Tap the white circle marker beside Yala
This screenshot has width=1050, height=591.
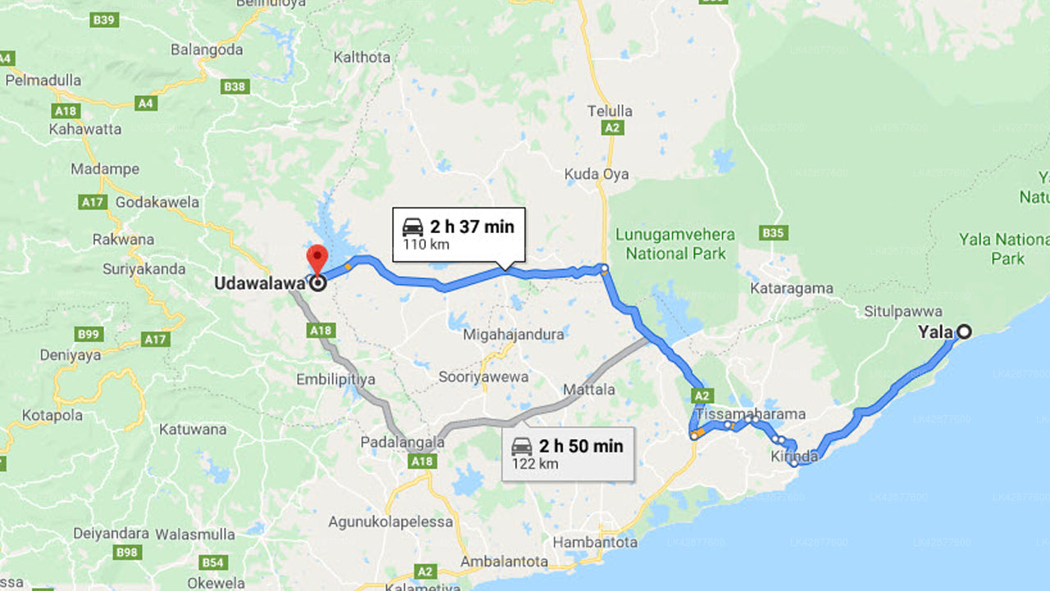965,332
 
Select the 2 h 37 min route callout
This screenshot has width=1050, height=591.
459,234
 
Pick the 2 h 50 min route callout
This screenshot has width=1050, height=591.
568,453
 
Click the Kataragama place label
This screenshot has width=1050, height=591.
792,289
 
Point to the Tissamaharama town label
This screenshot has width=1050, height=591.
751,414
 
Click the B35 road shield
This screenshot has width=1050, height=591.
773,233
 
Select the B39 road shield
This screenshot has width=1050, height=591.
104,20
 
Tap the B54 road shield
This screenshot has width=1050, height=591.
213,562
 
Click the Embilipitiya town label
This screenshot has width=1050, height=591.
336,379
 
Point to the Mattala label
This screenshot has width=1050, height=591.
589,390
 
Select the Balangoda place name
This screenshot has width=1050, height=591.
207,49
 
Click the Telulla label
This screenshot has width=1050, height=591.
609,111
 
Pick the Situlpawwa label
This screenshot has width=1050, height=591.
902,311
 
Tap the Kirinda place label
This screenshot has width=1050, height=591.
794,456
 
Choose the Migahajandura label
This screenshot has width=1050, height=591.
514,334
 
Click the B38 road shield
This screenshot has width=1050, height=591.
235,86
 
